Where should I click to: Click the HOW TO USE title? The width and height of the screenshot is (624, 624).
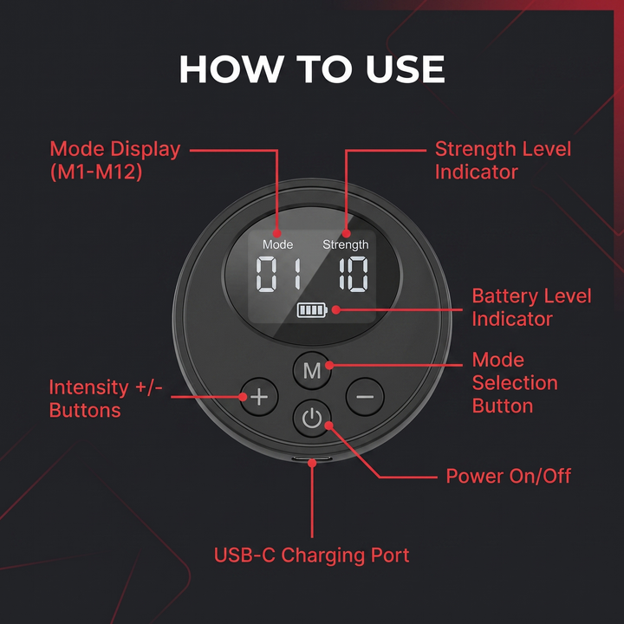tap(312, 68)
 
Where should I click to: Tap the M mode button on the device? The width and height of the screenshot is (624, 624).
tap(312, 371)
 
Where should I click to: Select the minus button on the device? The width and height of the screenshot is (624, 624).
tap(365, 397)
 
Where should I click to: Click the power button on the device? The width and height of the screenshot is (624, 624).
tap(312, 419)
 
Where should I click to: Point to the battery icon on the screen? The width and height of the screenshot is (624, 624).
tap(312, 310)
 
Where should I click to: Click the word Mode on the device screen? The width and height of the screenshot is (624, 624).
tap(278, 244)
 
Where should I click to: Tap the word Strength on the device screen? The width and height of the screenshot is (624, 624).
tap(346, 245)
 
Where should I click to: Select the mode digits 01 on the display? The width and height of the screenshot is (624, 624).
tap(278, 274)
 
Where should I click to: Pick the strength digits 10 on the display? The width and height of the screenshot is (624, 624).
tap(354, 274)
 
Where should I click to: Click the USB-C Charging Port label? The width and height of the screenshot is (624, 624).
tap(312, 556)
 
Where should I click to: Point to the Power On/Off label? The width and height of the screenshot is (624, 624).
tap(508, 476)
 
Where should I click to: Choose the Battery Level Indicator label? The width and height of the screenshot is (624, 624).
tap(531, 308)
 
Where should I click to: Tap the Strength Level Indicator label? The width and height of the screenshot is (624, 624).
tap(503, 160)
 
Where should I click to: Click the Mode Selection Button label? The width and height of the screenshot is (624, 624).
tap(515, 383)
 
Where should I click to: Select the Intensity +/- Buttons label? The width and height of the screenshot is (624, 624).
tap(106, 399)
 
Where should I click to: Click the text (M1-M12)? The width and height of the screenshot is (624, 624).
tap(96, 172)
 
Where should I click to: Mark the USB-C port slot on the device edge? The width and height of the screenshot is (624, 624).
tap(312, 458)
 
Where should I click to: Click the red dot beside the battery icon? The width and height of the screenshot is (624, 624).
tap(336, 309)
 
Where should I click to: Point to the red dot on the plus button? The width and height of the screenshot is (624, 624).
tap(243, 396)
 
